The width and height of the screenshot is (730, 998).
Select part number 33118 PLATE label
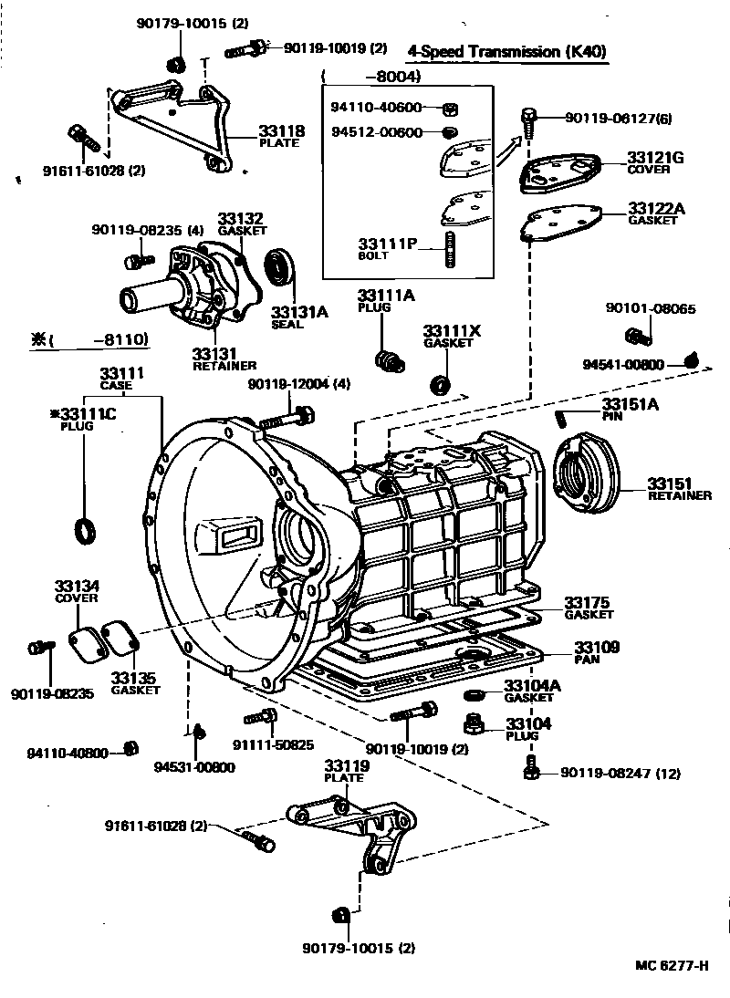pos(281,136)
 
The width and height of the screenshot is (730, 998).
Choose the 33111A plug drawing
pos(390,359)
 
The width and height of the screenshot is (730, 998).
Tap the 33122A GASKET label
pos(655,213)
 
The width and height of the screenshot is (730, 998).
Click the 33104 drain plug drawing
pos(474,725)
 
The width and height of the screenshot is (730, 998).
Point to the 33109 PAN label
pos(596,652)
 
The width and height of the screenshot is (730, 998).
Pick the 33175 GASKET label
pos(588,608)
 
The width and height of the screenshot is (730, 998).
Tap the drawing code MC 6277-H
pos(673,966)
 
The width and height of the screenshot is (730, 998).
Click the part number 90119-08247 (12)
pos(620,774)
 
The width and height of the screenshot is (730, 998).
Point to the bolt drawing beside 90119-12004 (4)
pos(288,419)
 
